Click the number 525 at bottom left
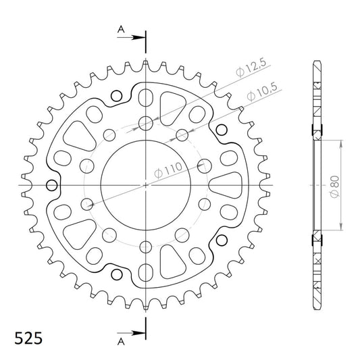pos(28,338)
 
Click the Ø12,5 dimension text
pos(251,68)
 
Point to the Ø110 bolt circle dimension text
pos(168,170)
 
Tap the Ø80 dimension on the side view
pos(334,186)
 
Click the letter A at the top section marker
pos(121,29)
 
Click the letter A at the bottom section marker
pos(121,342)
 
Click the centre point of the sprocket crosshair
pos(146,185)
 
